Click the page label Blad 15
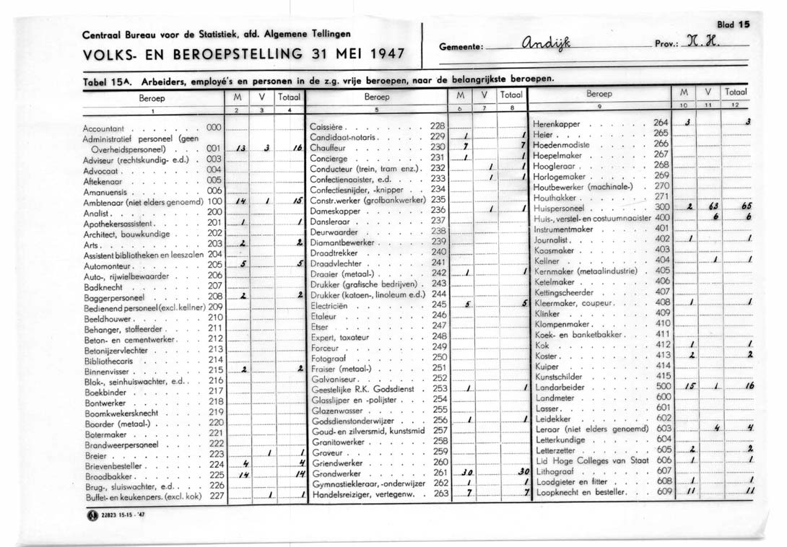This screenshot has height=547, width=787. click(734, 25)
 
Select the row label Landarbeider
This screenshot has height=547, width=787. click(560, 386)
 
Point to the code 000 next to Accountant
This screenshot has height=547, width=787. click(213, 127)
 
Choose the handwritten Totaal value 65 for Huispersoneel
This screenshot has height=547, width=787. click(749, 206)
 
